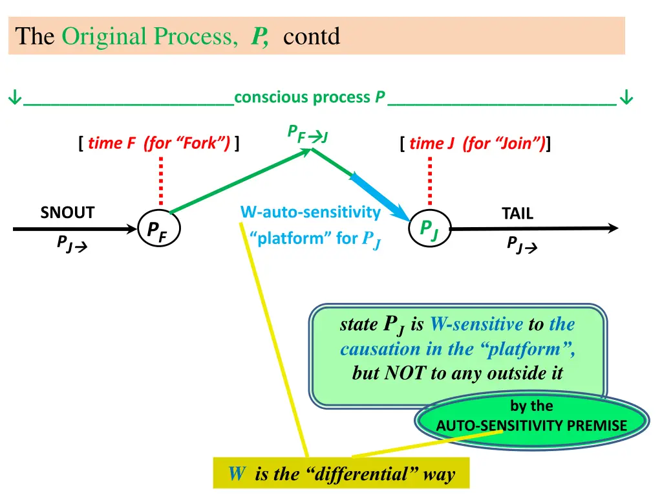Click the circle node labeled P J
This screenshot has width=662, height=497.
pyautogui.click(x=429, y=229)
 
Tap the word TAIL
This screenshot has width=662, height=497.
pyautogui.click(x=517, y=214)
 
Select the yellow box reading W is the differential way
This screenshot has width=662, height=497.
pyautogui.click(x=341, y=474)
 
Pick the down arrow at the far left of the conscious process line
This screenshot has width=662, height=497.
pyautogui.click(x=13, y=98)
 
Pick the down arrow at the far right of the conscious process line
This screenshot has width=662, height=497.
pyautogui.click(x=626, y=98)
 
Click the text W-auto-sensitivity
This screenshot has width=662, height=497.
pyautogui.click(x=310, y=212)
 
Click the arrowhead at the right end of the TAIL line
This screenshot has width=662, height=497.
pyautogui.click(x=612, y=228)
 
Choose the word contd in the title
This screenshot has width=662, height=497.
pyautogui.click(x=312, y=36)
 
